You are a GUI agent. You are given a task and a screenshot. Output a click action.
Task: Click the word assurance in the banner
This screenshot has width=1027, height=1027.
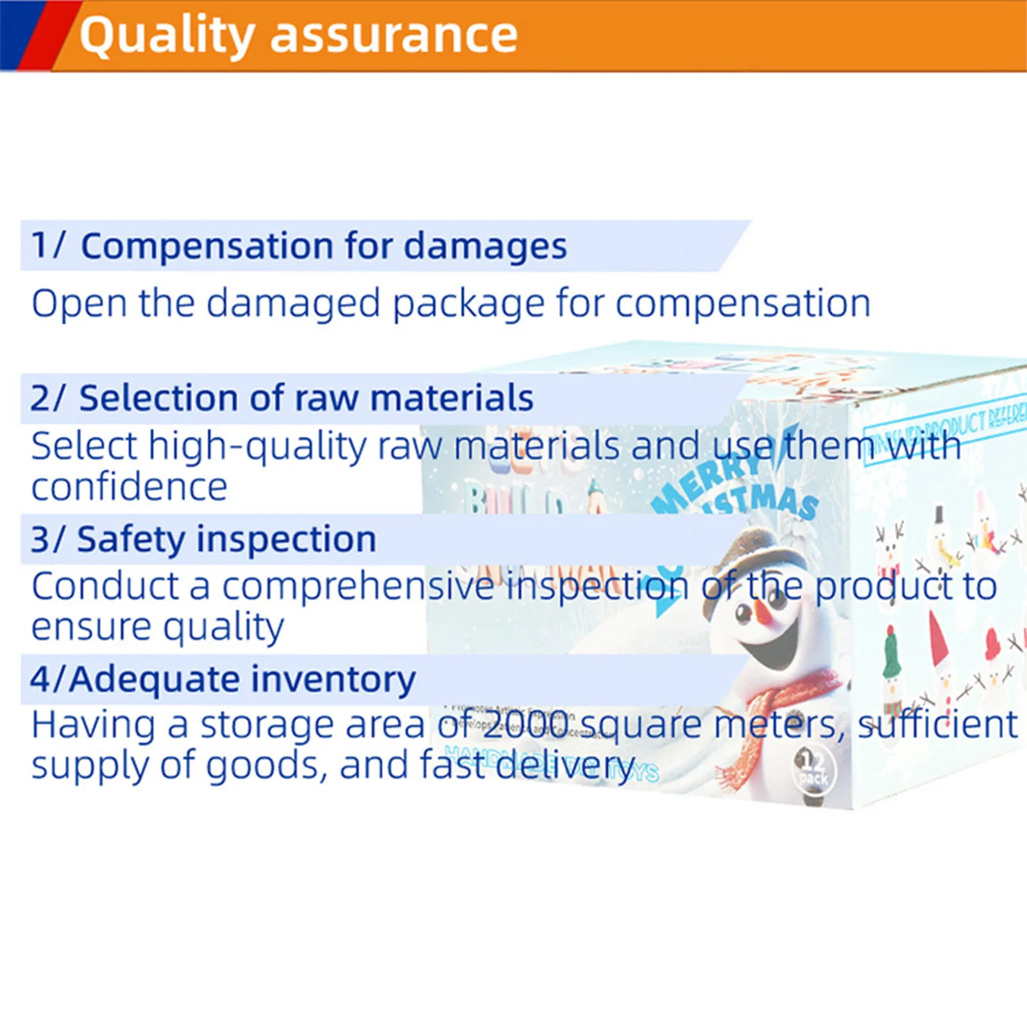click(393, 35)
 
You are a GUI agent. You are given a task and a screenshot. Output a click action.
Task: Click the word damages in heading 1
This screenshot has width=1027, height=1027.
click(485, 246)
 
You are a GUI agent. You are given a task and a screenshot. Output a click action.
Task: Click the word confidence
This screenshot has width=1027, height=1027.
click(129, 487)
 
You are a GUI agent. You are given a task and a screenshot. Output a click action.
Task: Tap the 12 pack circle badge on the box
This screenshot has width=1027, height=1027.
click(814, 769)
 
